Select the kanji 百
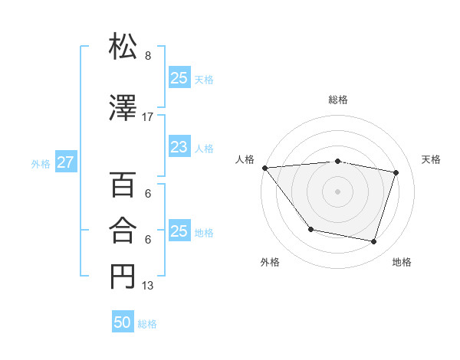pos(123,185)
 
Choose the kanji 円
pos(123,276)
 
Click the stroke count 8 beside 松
pos(148,56)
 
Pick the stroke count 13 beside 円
pos(148,286)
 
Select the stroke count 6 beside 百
pos(148,194)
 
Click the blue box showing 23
pos(179,147)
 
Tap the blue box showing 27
pos(65,163)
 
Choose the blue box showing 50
pos(123,322)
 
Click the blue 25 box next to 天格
pos(179,78)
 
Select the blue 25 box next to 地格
pos(179,231)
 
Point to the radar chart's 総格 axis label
pos(337,100)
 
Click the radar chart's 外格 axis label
pos(270,262)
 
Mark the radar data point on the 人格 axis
pos(264,168)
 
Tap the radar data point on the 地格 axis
pos(373,241)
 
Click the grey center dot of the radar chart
pos(337,191)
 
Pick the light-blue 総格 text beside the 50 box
pos(147,323)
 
